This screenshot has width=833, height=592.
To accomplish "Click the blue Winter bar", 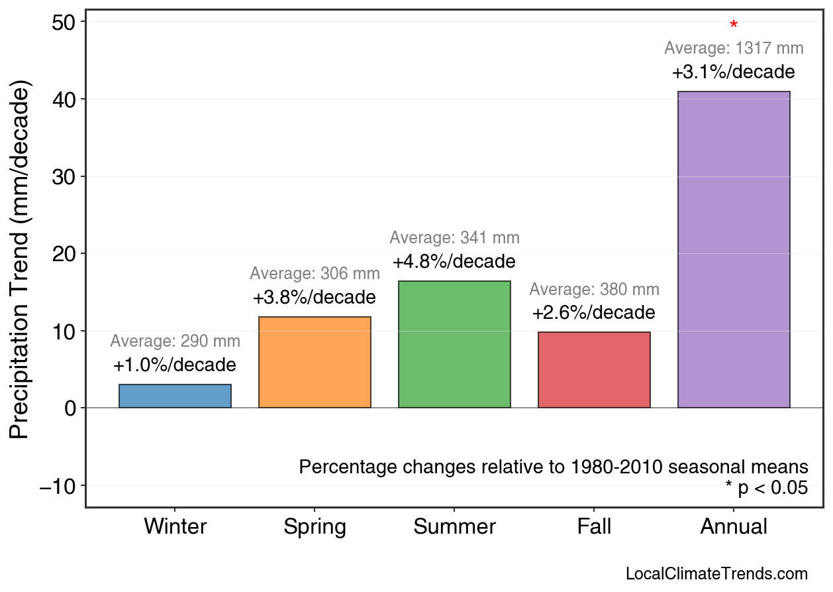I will point(175,396).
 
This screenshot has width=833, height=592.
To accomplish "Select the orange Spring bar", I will point(315,362).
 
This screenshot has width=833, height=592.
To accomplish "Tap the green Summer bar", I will point(454,344).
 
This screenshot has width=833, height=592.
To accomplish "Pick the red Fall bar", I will point(594,369).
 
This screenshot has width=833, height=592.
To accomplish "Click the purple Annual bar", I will point(734,249).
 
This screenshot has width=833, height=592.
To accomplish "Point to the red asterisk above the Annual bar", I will point(734,26).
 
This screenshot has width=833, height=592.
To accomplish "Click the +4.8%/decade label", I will point(454,262).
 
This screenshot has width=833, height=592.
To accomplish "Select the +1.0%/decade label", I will point(174,365).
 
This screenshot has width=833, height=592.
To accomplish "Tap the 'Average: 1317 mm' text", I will point(734,48).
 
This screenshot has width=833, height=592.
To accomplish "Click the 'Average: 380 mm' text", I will point(594,290).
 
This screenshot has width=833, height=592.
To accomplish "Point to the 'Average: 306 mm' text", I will point(315,273).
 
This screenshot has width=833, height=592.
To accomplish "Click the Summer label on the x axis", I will point(454,527).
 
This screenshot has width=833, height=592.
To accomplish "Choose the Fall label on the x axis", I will point(594,527).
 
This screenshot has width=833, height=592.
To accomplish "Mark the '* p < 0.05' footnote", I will point(766,488).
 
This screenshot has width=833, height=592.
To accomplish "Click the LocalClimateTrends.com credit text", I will point(716,574).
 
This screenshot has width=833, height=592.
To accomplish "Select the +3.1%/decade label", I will point(733,72).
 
